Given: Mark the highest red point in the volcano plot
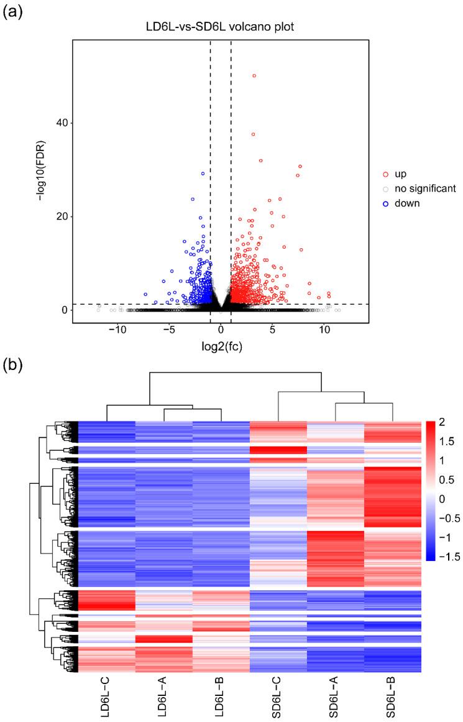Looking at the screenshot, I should point(254,76).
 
